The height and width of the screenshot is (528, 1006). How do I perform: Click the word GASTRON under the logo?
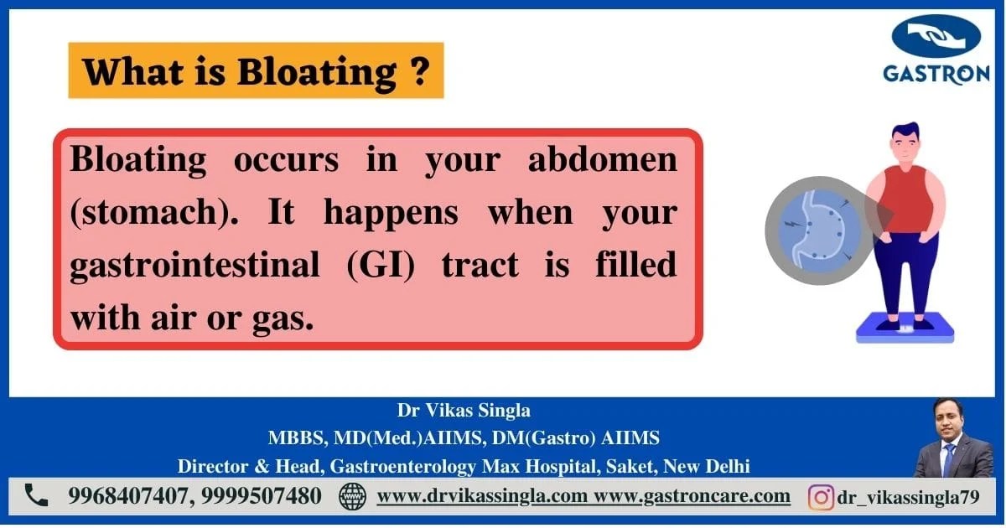pos(936,74)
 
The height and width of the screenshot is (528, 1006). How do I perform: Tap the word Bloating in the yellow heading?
pos(317,72)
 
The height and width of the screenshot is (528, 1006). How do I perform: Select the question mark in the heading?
pos(422,71)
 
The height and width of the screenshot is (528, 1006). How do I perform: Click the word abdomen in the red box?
pos(602,159)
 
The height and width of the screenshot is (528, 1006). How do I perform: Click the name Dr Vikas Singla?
pos(463,412)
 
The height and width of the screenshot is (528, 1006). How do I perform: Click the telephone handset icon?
pos(36,495)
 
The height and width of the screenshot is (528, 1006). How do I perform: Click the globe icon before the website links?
pos(352,496)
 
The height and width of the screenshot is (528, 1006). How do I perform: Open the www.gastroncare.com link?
pos(692,495)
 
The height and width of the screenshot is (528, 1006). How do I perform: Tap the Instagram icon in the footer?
pos(820,497)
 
